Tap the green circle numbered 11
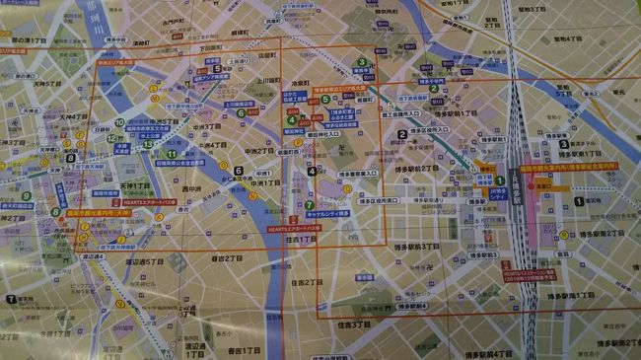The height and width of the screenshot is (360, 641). point(172,154)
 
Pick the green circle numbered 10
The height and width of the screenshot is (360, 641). point(119,123)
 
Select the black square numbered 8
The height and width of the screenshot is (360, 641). point(70,158)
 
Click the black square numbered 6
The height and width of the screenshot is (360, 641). point(238,171)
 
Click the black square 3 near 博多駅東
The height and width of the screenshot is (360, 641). point(563,144)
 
